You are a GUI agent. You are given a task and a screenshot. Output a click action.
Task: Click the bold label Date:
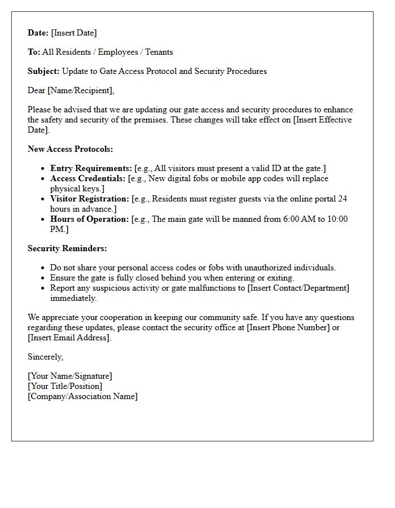[38, 33]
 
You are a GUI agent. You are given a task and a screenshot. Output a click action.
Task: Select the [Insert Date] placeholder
[74, 33]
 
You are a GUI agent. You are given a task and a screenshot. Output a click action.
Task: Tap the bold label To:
[34, 52]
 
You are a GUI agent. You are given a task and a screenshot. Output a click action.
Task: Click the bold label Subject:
[44, 71]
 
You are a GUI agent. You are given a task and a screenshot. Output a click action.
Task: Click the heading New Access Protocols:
[71, 149]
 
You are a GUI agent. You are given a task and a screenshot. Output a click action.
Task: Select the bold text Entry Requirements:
[91, 168]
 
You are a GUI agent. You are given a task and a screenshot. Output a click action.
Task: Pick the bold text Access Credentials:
[87, 178]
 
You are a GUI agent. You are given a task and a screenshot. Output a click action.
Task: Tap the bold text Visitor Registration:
[90, 199]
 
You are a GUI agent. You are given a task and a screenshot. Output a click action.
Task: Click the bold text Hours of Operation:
[89, 219]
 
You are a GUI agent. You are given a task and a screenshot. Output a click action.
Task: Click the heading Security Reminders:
[67, 248]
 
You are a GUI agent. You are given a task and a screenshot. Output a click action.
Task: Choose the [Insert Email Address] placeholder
[69, 338]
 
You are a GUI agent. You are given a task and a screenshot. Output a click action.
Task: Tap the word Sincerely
[45, 357]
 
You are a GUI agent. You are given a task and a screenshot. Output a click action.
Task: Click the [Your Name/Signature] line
[70, 376]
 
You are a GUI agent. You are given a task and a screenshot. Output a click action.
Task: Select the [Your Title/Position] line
[65, 386]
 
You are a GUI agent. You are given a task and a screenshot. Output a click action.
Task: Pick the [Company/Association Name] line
[82, 396]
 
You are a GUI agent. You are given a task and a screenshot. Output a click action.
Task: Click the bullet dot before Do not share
[43, 268]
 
